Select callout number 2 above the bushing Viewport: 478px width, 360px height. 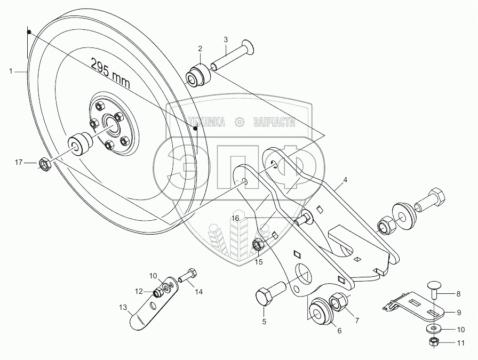pyautogui.click(x=200, y=49)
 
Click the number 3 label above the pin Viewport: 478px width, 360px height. pyautogui.click(x=226, y=39)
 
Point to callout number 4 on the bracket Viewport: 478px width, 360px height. pyautogui.click(x=345, y=180)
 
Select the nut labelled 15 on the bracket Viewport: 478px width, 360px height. pyautogui.click(x=257, y=245)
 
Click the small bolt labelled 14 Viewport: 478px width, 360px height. pyautogui.click(x=188, y=277)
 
